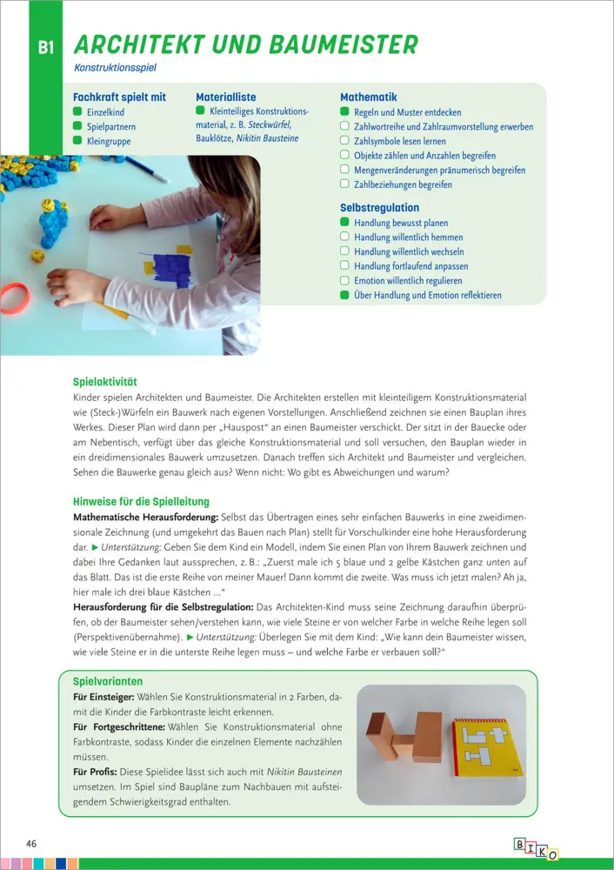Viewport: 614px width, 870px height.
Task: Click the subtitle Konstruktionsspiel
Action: coord(116,67)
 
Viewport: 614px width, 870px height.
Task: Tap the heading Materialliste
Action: coord(225,97)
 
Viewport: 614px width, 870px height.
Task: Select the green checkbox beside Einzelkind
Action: coord(77,112)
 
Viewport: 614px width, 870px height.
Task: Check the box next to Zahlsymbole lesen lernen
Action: coord(344,141)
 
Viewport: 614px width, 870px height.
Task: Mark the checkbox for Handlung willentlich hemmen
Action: coord(344,238)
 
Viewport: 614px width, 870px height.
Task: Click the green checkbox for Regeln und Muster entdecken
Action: coord(344,112)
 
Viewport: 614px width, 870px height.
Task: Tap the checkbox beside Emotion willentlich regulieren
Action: coord(344,281)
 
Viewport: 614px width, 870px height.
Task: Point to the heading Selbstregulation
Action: coord(379,208)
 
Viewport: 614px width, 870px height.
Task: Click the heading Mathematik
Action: coord(368,97)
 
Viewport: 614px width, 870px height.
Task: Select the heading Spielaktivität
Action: coord(105,382)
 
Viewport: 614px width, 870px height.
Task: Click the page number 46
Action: coord(31,844)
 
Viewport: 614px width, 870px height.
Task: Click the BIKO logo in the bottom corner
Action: coord(536,849)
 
